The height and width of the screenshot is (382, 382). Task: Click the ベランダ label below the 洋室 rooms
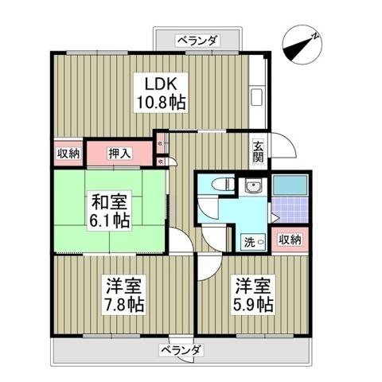[181, 349]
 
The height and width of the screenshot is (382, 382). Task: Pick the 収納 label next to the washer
[290, 240]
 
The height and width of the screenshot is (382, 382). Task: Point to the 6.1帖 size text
[108, 220]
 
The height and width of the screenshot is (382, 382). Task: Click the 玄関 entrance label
[259, 150]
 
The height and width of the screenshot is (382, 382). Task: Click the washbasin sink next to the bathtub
[255, 188]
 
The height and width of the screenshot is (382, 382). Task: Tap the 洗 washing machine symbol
[248, 240]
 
